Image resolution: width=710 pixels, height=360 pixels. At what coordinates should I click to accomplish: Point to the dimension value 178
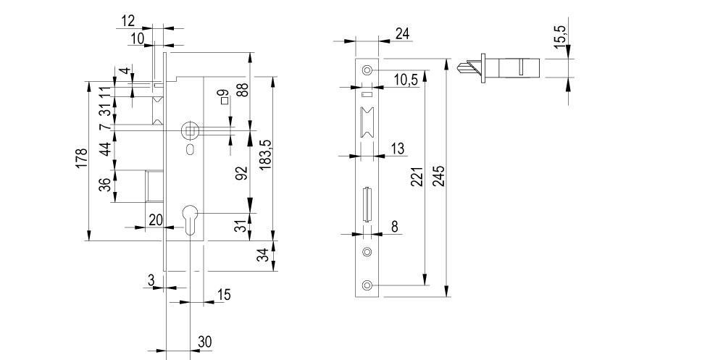click(80, 159)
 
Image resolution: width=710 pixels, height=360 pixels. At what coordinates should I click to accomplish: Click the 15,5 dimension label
click(560, 36)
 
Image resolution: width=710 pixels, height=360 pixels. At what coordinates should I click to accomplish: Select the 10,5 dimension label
click(406, 80)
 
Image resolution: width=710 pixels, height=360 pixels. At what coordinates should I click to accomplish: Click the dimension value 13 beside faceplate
click(398, 148)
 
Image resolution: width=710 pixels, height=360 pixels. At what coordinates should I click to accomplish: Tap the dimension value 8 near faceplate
click(395, 227)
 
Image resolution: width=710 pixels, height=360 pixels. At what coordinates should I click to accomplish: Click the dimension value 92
click(242, 173)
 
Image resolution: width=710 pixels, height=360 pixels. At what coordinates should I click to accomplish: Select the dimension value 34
click(264, 255)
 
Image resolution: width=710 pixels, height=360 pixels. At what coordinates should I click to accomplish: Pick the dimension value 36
click(105, 185)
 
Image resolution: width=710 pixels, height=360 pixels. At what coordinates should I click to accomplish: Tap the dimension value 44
click(105, 149)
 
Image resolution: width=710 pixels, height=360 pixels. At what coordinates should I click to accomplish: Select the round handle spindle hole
click(189, 130)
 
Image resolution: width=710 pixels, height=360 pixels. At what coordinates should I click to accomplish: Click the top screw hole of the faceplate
click(367, 70)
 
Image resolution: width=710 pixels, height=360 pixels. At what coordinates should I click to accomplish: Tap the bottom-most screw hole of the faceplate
click(367, 285)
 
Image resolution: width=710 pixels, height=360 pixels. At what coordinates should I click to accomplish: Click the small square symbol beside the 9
click(224, 101)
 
